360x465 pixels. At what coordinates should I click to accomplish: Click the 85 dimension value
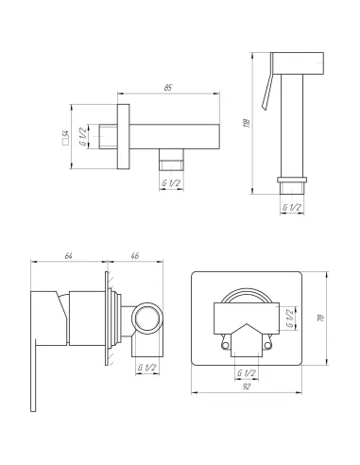coord(168,88)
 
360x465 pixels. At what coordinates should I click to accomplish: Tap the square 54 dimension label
coord(66,137)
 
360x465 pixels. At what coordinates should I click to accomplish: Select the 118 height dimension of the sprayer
coord(247,123)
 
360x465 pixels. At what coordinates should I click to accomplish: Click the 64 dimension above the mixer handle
coord(68,256)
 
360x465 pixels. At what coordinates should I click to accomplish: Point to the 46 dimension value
coord(134,256)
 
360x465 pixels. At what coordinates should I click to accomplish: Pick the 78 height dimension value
coord(321,318)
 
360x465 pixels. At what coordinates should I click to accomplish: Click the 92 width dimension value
coord(247,387)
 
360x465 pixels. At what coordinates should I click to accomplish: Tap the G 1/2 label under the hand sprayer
coord(292,207)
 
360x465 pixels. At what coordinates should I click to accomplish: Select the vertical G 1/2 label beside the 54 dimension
coord(82,136)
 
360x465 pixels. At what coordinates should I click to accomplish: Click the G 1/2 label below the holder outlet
coord(171,182)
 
